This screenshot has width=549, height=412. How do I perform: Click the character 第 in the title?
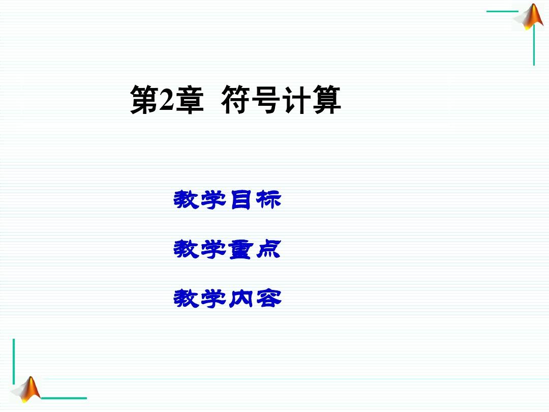click(x=144, y=100)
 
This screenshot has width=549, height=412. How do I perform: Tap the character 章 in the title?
click(x=190, y=100)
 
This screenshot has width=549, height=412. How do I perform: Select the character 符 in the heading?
click(x=235, y=100)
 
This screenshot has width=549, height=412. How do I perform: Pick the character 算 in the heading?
click(x=326, y=100)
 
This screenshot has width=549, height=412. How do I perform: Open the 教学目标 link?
click(x=228, y=200)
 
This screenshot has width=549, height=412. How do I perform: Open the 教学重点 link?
click(x=228, y=249)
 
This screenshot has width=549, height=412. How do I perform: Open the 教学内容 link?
click(x=228, y=299)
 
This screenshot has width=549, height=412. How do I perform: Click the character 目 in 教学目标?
click(x=241, y=200)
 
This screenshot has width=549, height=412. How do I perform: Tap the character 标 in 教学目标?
click(x=268, y=200)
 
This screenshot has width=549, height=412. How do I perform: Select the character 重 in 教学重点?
click(x=240, y=249)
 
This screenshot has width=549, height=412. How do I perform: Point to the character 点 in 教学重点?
click(x=268, y=249)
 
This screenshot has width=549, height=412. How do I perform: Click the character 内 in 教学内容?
click(x=240, y=299)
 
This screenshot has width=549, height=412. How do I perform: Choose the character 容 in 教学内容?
click(x=268, y=299)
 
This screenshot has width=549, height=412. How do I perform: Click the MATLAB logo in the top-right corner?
click(x=530, y=16)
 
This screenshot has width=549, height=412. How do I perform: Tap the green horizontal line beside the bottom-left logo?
click(x=64, y=398)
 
